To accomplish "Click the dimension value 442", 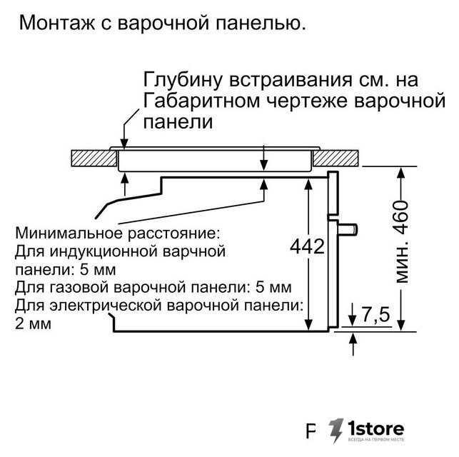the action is [308, 246].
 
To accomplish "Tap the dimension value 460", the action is [402, 217].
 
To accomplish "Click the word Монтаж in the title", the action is [57, 23].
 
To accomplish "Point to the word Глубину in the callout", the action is [183, 80].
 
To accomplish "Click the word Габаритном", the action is [202, 101].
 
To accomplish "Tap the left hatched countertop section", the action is [94, 158].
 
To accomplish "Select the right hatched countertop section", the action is [336, 158].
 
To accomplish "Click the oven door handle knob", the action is [348, 228].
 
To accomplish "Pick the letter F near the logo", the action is [311, 431].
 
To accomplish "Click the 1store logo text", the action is [376, 429].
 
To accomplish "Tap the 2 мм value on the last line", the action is [33, 323].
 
